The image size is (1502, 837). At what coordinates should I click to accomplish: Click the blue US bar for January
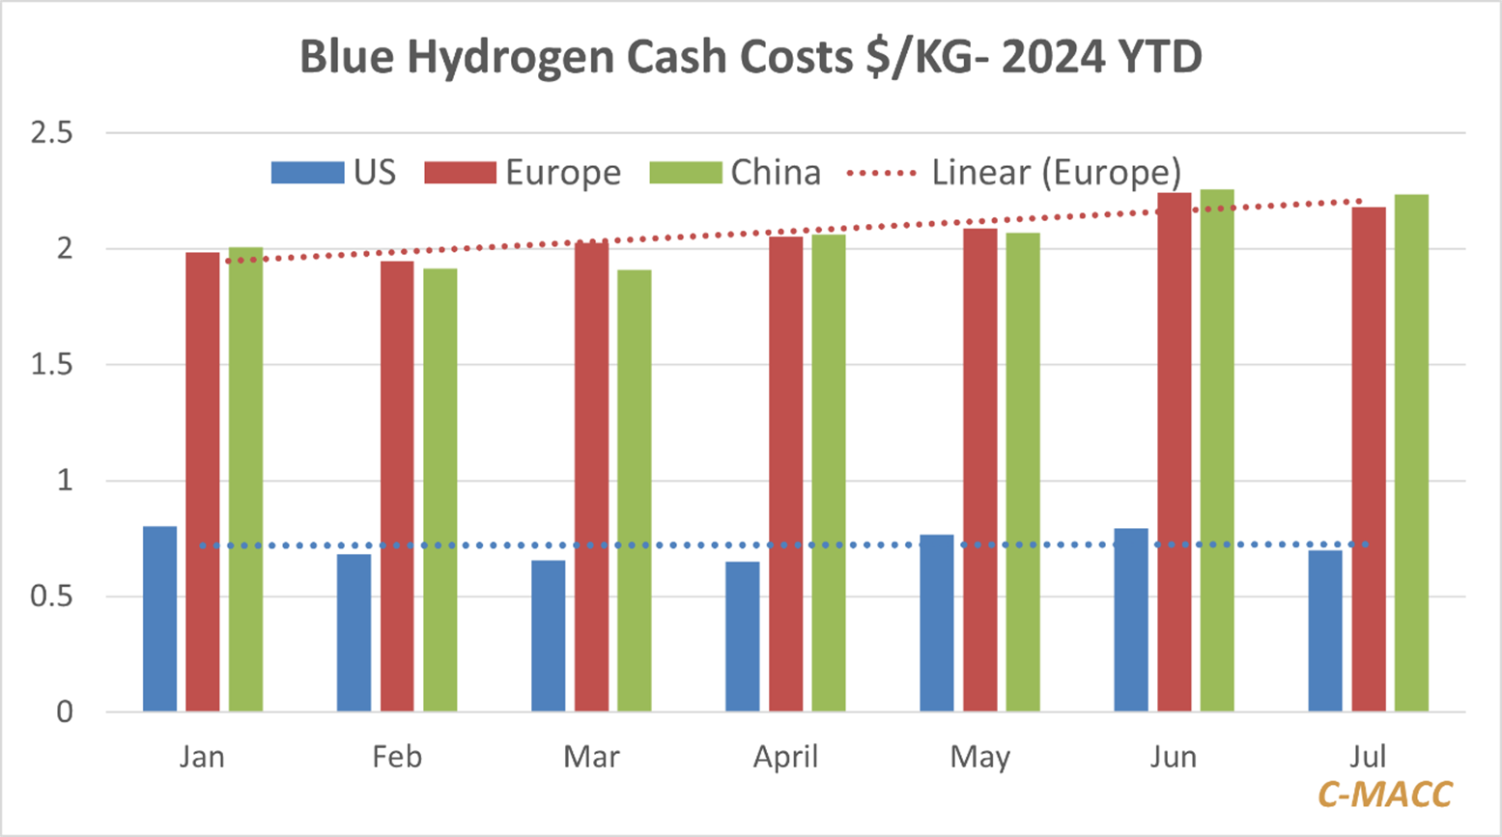pyautogui.click(x=159, y=619)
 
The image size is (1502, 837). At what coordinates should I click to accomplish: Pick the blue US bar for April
pyautogui.click(x=742, y=637)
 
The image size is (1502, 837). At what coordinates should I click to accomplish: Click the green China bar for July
pyautogui.click(x=1411, y=453)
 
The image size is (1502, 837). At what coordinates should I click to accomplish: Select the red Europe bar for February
pyautogui.click(x=397, y=487)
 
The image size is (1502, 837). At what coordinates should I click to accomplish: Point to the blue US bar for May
pyautogui.click(x=936, y=624)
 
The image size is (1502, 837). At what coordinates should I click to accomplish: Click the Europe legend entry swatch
pyautogui.click(x=460, y=173)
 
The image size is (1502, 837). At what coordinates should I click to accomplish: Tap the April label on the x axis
pyautogui.click(x=785, y=757)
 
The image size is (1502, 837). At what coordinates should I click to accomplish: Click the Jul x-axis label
pyautogui.click(x=1369, y=756)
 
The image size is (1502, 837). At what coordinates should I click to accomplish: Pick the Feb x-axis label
pyautogui.click(x=397, y=756)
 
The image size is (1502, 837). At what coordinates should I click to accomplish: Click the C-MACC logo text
pyautogui.click(x=1384, y=794)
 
